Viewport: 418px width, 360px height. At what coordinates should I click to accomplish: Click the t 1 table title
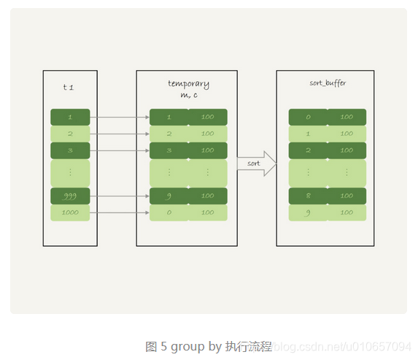pos(69,88)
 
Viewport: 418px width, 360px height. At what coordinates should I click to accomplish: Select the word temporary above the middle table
pos(187,84)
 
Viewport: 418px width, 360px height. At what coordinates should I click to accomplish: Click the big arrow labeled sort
pos(256,164)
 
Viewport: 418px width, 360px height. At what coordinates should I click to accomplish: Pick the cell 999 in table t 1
pos(70,196)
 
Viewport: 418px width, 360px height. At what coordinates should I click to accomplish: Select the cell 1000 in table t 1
pos(70,212)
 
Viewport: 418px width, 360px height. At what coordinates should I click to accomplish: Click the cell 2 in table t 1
pos(70,134)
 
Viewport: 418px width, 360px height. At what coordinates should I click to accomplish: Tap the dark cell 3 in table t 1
pos(70,150)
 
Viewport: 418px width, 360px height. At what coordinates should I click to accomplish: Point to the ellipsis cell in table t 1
pos(70,173)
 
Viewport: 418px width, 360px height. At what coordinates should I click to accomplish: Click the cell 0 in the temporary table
pos(169,212)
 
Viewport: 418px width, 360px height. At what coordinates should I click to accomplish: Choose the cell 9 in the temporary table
pos(169,196)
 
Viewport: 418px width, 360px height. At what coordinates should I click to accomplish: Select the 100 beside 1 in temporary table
pos(208,117)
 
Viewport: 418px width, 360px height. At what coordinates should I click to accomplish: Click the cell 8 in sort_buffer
pos(307,196)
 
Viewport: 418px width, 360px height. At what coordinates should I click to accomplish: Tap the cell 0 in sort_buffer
pos(307,117)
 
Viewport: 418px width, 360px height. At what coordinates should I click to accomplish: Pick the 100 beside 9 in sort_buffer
pos(347,212)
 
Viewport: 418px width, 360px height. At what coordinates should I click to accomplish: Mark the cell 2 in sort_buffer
pos(307,150)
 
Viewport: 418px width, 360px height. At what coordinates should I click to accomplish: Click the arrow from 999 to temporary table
pos(120,196)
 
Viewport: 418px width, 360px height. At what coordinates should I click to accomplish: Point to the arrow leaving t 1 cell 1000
pos(120,212)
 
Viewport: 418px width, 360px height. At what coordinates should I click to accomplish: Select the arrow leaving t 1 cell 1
pos(120,117)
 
